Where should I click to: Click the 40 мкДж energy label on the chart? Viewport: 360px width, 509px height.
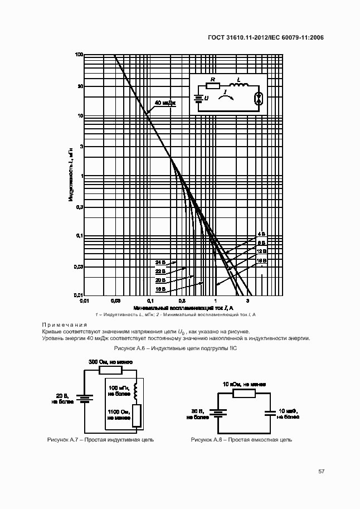[x=166, y=103]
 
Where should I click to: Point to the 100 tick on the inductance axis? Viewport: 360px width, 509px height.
[x=79, y=55]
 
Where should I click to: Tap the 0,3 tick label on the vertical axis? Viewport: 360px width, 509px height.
[x=79, y=206]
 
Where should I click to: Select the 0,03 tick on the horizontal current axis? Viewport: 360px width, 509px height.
[x=116, y=300]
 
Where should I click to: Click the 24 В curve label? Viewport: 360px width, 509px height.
[x=160, y=261]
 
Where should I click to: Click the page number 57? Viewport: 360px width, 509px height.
[x=322, y=472]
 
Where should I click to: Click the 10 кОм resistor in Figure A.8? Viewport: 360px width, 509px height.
[x=244, y=393]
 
